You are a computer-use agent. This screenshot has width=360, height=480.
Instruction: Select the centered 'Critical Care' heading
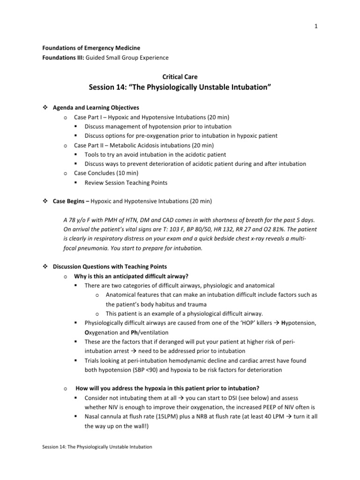click(180, 76)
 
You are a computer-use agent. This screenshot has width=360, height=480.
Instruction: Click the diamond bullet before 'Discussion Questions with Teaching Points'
click(39, 267)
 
